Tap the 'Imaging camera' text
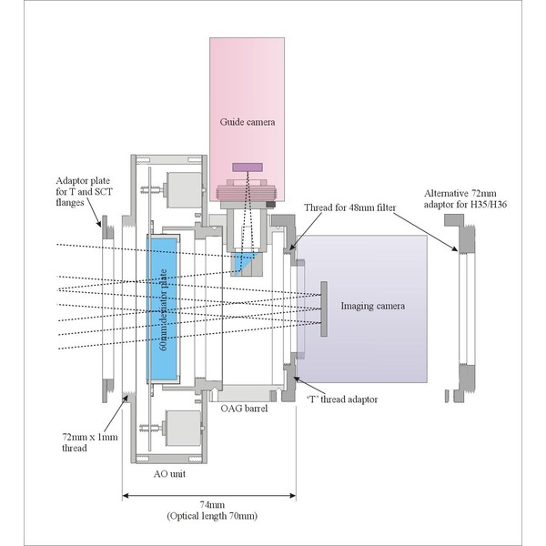pyautogui.click(x=372, y=305)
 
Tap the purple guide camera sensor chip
pyautogui.click(x=247, y=167)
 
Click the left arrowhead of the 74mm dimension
pyautogui.click(x=126, y=496)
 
